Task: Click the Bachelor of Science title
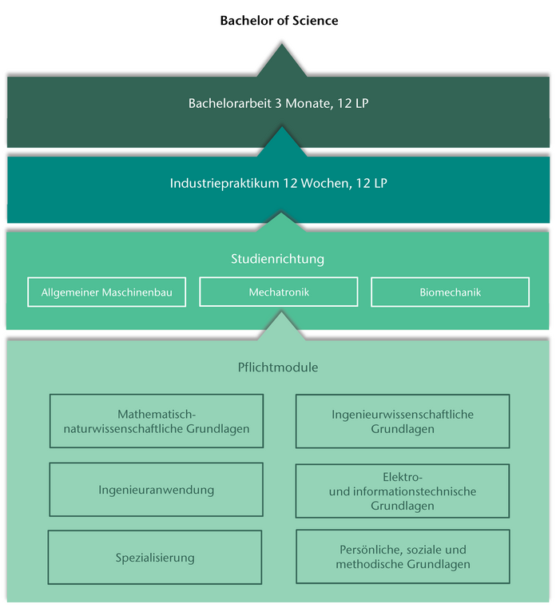279,21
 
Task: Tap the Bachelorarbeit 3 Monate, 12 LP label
279,103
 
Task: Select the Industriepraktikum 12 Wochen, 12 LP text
279,183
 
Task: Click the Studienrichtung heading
278,259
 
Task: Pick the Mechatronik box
279,292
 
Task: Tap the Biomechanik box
450,292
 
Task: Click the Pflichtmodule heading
278,368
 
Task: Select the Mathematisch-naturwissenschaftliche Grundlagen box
156,421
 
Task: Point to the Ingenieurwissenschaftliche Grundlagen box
403,421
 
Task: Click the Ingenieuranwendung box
156,490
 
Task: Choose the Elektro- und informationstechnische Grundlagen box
403,491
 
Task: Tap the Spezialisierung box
155,558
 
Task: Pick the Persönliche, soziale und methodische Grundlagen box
403,557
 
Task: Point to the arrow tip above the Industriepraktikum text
280,140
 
